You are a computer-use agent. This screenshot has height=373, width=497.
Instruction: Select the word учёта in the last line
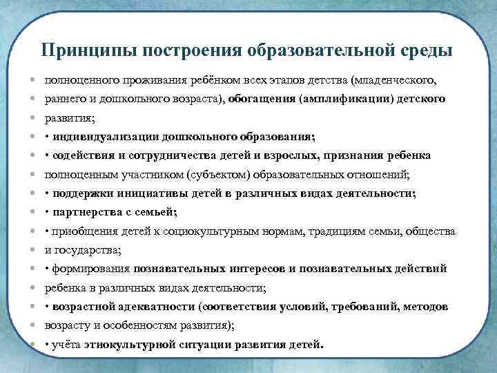point(67,343)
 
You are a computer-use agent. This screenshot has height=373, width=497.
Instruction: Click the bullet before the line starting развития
point(33,118)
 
